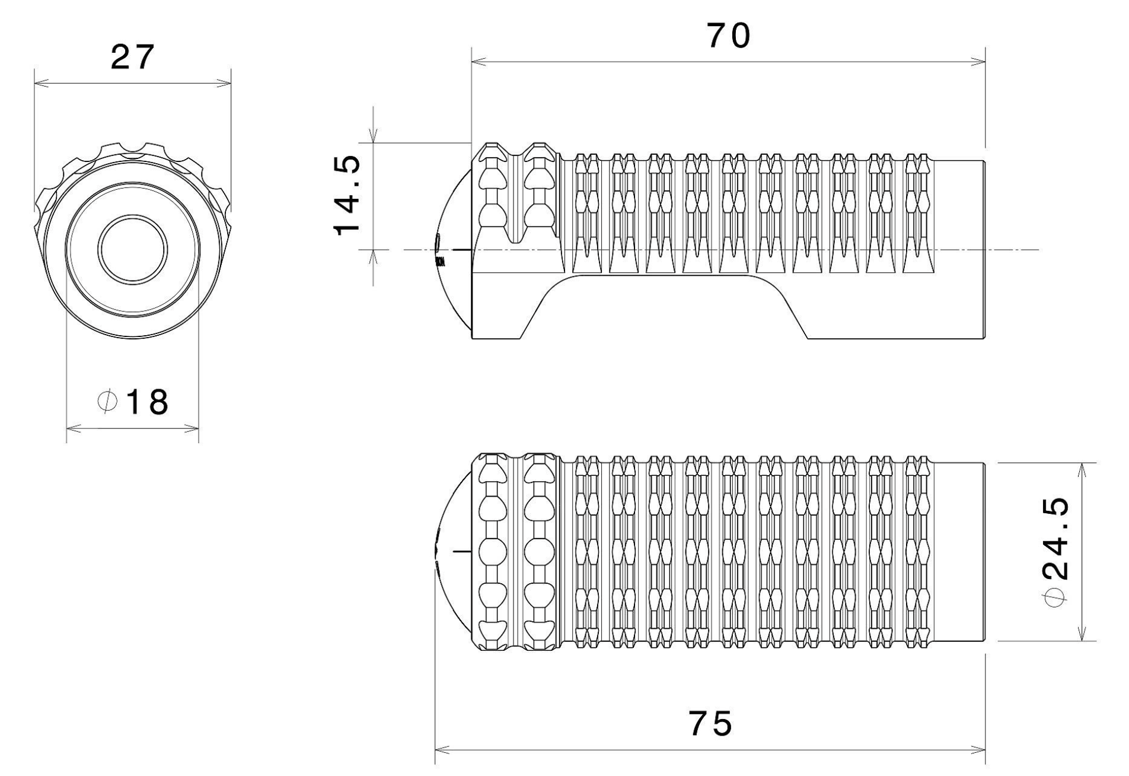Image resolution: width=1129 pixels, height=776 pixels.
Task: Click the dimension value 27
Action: pyautogui.click(x=132, y=58)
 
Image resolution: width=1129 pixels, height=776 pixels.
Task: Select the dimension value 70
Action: pyautogui.click(x=728, y=37)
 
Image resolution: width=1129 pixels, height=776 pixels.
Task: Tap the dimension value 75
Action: pyautogui.click(x=710, y=723)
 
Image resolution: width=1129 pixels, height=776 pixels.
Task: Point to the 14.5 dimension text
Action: pyautogui.click(x=347, y=196)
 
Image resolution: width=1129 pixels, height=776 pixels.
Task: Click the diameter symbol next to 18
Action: pyautogui.click(x=106, y=402)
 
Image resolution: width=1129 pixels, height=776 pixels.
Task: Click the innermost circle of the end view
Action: pyautogui.click(x=132, y=248)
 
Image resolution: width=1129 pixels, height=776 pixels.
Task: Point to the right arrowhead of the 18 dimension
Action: pyautogui.click(x=194, y=428)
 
